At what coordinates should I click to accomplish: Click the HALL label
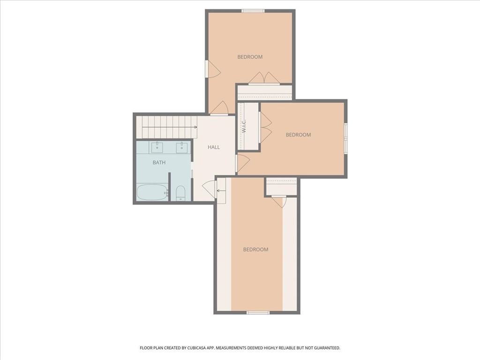coord(214,147)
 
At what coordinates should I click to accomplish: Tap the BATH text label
coord(159,163)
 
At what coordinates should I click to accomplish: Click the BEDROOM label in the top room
coord(250,57)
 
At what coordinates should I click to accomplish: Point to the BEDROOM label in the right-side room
coord(298,135)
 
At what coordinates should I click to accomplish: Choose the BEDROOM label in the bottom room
coord(255,249)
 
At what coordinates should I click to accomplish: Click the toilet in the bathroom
coord(180,193)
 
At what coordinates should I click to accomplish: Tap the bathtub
coord(151,192)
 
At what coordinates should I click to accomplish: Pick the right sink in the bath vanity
coord(182,148)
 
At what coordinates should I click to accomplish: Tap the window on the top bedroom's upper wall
coord(253,11)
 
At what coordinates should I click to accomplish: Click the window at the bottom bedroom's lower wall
coord(258,312)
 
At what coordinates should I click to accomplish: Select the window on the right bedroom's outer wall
coord(345,138)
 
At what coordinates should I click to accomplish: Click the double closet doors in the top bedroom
coord(264,78)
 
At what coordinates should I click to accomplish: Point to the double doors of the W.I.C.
coord(266,127)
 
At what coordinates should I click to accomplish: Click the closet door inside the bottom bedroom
coord(278,201)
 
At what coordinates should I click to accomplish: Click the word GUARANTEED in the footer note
coord(324,348)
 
